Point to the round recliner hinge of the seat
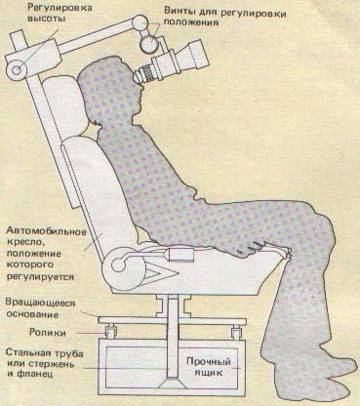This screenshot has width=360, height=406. point(120,262)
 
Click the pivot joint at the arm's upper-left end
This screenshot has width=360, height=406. point(18,67)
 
